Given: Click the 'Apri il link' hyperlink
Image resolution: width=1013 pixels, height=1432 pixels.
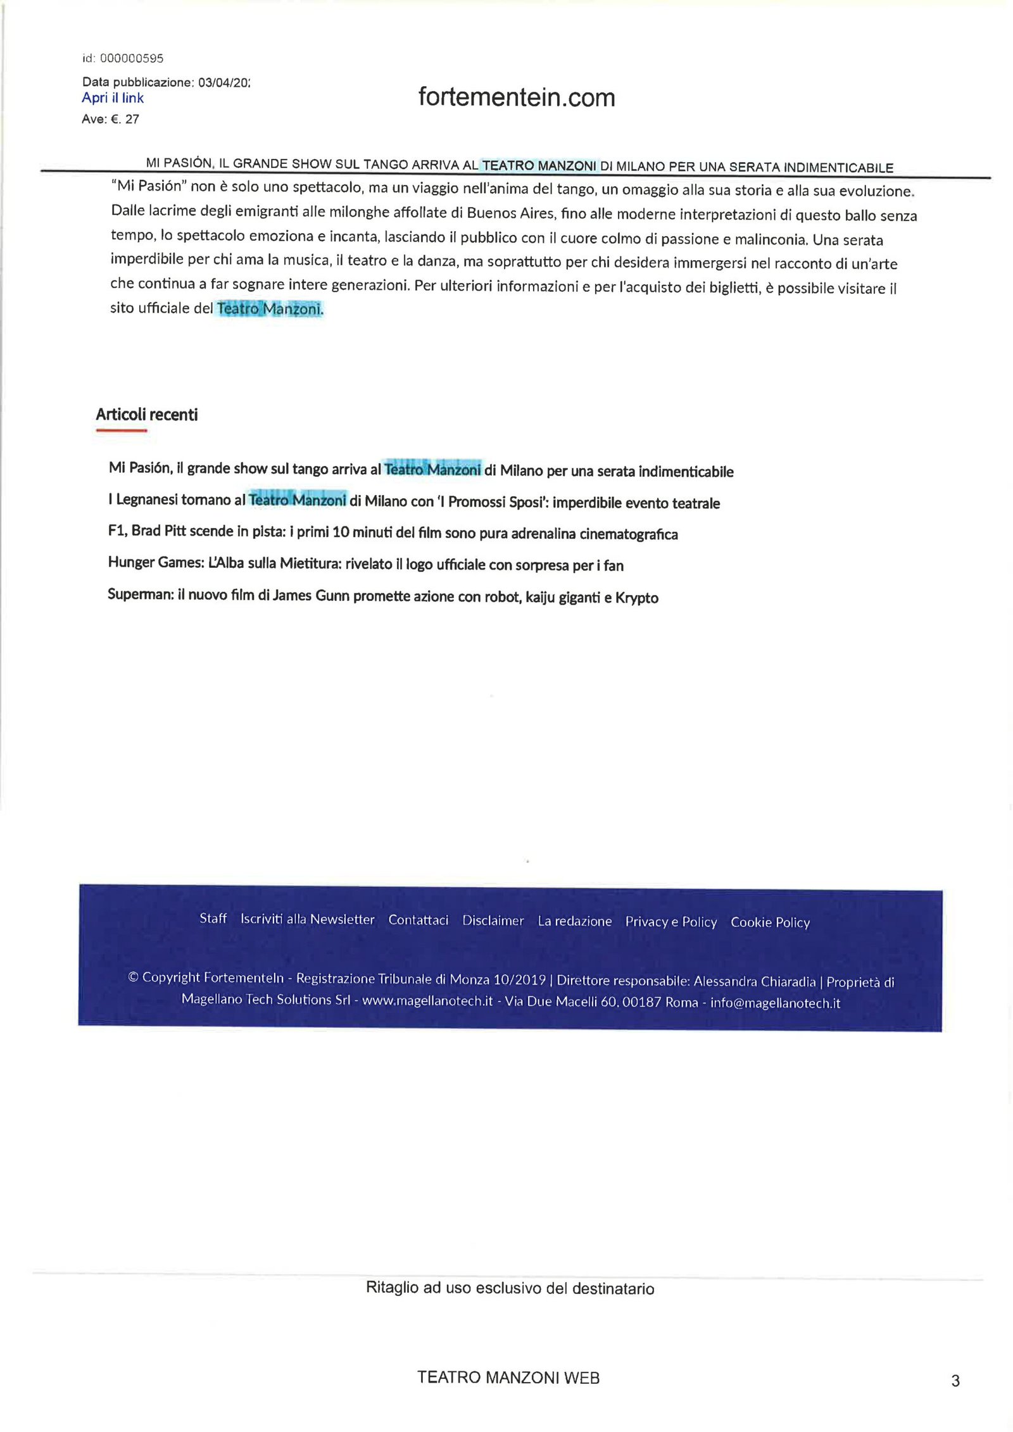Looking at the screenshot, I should coord(113,98).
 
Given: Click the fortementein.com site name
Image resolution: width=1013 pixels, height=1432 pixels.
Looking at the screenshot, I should coord(517,97).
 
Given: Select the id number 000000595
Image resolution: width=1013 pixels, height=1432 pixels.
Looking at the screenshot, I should coord(132,58).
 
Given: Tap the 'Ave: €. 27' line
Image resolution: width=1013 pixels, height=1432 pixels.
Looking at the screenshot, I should coord(110,119).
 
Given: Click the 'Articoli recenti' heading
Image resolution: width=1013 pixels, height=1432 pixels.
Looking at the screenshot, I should coord(147,415).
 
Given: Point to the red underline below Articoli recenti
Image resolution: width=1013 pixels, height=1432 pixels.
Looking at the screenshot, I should coord(121,430).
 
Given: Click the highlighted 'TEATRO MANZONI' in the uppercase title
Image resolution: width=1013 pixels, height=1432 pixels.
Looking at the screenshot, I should coord(539,166).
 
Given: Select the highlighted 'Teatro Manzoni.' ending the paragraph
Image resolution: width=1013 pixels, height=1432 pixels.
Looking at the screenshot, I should coord(270,309).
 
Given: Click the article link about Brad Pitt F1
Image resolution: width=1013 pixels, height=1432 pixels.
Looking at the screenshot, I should coord(393,532).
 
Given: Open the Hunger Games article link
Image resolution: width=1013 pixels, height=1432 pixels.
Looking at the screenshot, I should coord(365,564).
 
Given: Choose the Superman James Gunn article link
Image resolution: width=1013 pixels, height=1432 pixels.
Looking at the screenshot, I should coord(382,596).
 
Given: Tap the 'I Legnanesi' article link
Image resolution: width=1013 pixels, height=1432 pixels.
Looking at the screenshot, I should coord(413,501).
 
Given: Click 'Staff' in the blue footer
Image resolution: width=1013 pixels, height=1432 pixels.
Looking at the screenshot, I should coord(213,919).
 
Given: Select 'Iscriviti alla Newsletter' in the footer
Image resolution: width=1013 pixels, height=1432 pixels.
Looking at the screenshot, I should coord(307,919).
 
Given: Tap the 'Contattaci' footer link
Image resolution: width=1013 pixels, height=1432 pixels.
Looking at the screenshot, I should coord(418,920).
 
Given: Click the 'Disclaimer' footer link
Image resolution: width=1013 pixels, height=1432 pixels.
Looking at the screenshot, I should coord(493,920).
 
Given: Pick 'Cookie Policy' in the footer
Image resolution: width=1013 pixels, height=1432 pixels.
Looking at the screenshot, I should coord(770,922).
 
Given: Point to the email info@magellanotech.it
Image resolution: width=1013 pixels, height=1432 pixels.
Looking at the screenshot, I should coord(775,1003).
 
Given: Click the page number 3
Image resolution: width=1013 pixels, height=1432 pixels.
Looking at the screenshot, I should coord(955,1381).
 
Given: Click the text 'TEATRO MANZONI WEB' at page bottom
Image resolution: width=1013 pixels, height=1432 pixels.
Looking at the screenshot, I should coord(508,1378).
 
